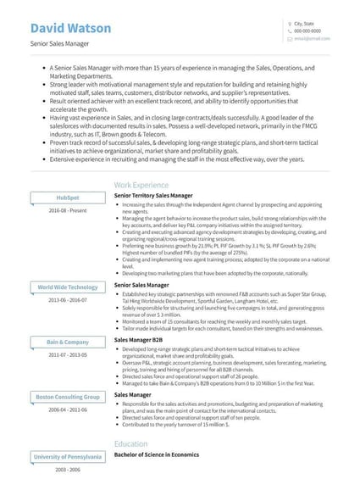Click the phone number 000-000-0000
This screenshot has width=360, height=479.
(307, 31)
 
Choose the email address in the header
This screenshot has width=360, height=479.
(307, 39)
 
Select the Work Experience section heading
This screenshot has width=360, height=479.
(141, 184)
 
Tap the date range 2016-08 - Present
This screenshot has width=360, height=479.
(68, 209)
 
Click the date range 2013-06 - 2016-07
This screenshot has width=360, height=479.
(68, 300)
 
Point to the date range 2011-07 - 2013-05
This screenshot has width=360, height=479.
(68, 354)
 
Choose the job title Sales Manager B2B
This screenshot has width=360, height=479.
(140, 340)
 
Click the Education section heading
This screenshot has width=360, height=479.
(130, 443)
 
